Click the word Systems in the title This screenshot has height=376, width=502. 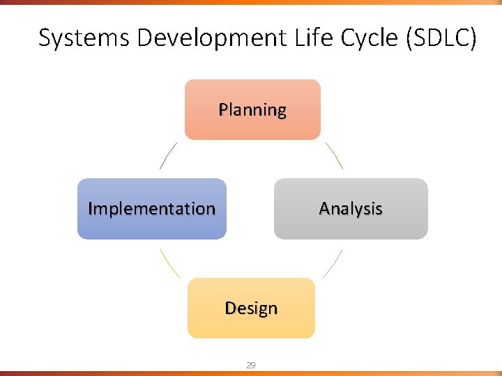[x=84, y=38]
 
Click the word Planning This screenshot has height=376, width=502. [x=252, y=110]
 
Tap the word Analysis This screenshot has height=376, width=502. [x=351, y=209]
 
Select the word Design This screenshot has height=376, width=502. [x=251, y=308]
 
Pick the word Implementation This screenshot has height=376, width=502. [x=152, y=209]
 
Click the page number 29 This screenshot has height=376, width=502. [x=251, y=365]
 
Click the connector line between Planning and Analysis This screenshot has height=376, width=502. [x=334, y=156]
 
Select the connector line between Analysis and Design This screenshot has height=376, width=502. [x=333, y=263]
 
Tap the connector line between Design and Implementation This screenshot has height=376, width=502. [x=169, y=263]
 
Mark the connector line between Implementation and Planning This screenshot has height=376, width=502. [x=168, y=156]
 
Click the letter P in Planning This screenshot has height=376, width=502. [x=223, y=110]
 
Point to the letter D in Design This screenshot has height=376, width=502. [x=230, y=308]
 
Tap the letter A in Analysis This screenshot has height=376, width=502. [x=324, y=209]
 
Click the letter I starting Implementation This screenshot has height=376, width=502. [x=91, y=209]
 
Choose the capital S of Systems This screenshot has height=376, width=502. [x=45, y=38]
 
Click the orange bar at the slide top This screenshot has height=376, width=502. [x=251, y=2]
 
